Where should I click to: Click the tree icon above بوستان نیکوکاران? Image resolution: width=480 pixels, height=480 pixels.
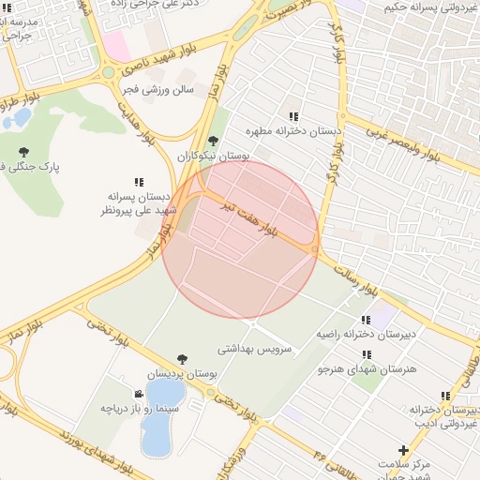[x=213, y=141]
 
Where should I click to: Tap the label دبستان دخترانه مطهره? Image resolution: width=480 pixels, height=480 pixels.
[x=293, y=132]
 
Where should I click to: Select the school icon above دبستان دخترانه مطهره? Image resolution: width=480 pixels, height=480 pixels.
[x=293, y=117]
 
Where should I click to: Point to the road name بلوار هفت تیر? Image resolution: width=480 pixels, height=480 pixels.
[x=249, y=219]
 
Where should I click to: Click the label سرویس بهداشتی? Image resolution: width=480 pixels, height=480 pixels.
[x=255, y=348]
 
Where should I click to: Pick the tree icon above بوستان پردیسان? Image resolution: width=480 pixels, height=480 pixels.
[x=181, y=359]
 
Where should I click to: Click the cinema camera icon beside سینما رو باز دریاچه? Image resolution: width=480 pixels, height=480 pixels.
[x=139, y=394]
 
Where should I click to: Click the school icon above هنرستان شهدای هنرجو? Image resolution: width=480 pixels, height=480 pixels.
[x=365, y=354]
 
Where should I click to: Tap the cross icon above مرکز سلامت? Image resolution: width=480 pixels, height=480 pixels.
[x=403, y=450]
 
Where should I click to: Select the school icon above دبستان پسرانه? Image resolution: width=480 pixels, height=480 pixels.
[x=139, y=182]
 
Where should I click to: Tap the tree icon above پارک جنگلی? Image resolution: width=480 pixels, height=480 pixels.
[x=23, y=152]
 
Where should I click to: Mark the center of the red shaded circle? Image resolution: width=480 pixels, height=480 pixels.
[x=240, y=240]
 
